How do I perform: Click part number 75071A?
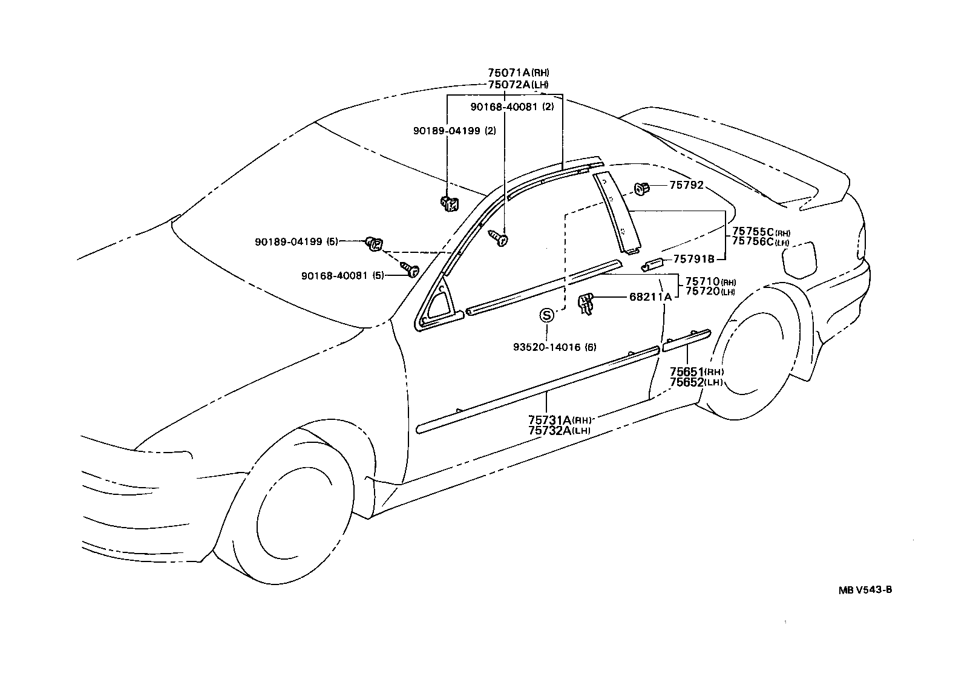point(509,74)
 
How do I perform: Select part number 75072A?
point(509,85)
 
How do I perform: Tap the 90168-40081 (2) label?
point(512,107)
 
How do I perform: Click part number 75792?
point(686,185)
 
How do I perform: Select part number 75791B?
point(694,259)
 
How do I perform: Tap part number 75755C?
point(753,231)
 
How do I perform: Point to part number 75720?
point(702,291)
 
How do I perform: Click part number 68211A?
point(650,297)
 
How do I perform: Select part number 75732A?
point(550,430)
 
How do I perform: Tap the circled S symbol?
point(546,315)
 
